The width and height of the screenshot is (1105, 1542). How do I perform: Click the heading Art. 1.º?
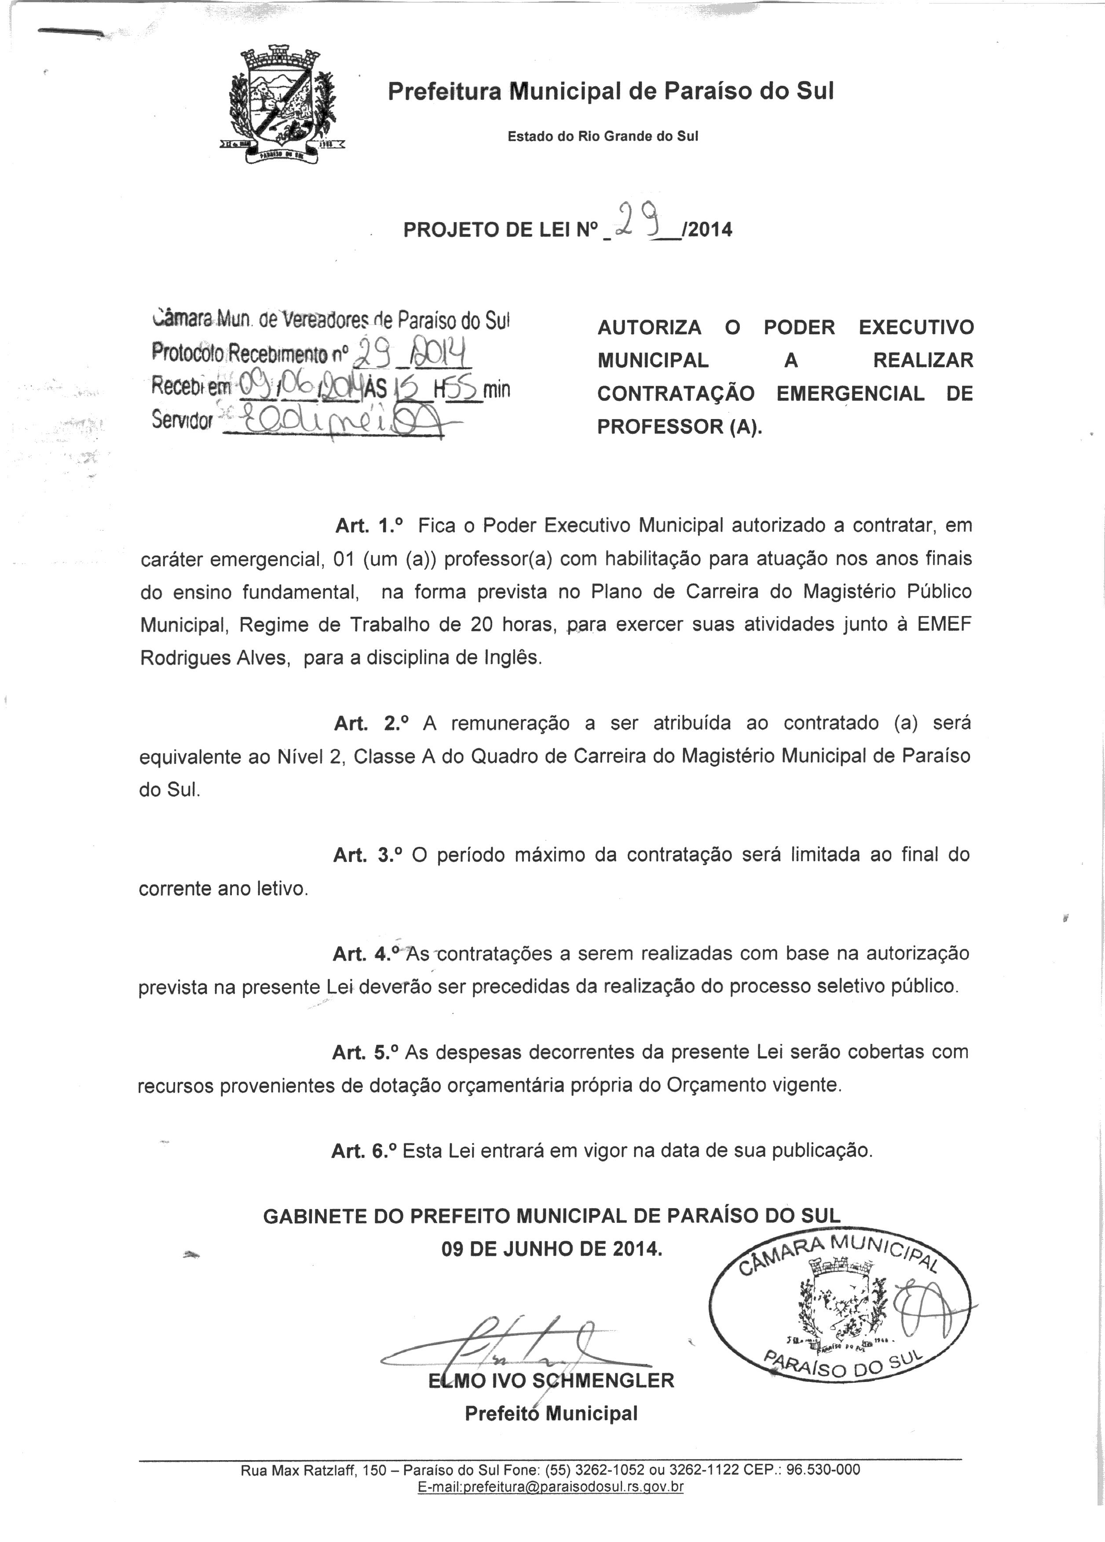[x=370, y=525]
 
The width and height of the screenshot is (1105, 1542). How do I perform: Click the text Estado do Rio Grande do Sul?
[x=603, y=136]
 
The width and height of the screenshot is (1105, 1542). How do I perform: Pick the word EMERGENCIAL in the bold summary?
[x=850, y=394]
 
